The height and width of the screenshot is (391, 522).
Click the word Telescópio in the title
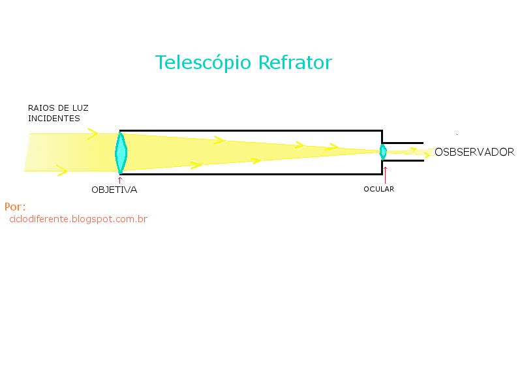203,63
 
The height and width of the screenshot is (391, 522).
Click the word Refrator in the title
295,62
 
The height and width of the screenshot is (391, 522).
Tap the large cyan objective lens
121,153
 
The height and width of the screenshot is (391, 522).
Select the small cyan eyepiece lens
383,152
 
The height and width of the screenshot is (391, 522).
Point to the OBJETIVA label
114,190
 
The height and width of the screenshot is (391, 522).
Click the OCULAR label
379,189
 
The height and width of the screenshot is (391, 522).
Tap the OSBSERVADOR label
475,152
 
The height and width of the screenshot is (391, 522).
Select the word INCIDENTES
54,119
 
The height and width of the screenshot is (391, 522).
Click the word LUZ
80,108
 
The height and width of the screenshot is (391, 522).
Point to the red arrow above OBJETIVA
120,181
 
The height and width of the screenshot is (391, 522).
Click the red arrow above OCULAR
385,175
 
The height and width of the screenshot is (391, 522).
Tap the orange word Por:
15,207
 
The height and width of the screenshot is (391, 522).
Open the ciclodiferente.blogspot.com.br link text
78,219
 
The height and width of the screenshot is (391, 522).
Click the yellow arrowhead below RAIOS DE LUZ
93,134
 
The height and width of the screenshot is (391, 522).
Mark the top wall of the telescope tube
251,131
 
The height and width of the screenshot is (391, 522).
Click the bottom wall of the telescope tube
251,174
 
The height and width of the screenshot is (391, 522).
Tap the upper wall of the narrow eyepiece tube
403,143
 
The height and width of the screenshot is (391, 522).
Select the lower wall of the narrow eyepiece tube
403,160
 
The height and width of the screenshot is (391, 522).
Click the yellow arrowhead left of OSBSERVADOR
428,154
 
